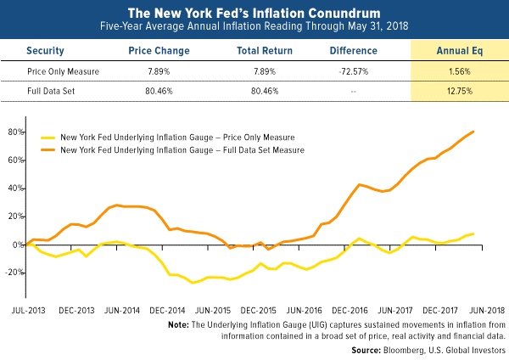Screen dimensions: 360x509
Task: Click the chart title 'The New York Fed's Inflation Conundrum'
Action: click(x=255, y=13)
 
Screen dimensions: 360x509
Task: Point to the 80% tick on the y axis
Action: click(x=14, y=132)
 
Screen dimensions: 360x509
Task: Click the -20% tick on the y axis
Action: click(x=13, y=273)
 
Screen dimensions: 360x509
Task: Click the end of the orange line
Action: click(x=473, y=132)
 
